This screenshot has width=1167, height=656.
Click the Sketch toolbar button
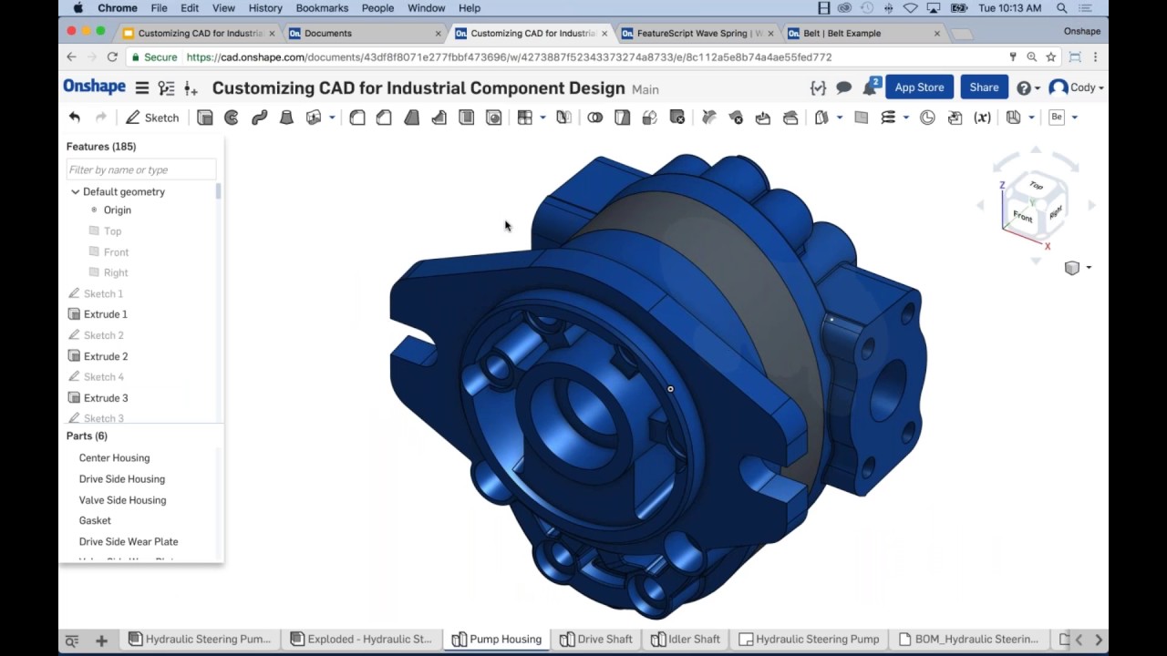pyautogui.click(x=152, y=118)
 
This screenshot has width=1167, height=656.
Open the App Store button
pyautogui.click(x=919, y=87)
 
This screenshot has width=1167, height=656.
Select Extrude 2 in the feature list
pyautogui.click(x=105, y=356)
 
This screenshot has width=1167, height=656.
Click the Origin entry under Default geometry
pyautogui.click(x=117, y=210)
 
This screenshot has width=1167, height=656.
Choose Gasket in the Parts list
pyautogui.click(x=95, y=521)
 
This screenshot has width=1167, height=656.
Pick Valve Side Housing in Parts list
pyautogui.click(x=122, y=500)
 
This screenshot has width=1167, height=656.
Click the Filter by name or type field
pyautogui.click(x=141, y=170)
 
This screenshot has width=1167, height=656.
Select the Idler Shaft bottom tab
pyautogui.click(x=686, y=640)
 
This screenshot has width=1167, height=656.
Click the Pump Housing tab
pyautogui.click(x=497, y=640)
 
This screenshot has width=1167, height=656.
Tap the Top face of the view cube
pyautogui.click(x=1036, y=186)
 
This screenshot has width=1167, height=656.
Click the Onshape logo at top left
pyautogui.click(x=94, y=87)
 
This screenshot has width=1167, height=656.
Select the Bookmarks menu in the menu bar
pyautogui.click(x=322, y=8)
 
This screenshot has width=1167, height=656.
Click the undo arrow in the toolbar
pyautogui.click(x=75, y=118)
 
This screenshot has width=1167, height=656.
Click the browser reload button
pyautogui.click(x=112, y=56)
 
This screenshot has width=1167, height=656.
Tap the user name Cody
pyautogui.click(x=1082, y=88)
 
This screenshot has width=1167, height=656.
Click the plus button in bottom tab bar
pyautogui.click(x=101, y=641)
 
